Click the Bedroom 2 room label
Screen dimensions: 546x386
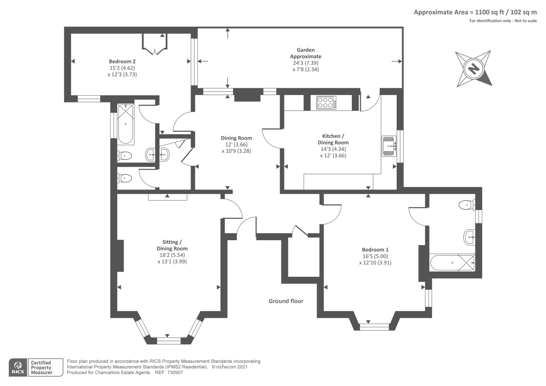122,61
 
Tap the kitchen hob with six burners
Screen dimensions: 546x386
326,102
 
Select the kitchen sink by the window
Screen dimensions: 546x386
389,146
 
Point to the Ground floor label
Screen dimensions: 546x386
286,301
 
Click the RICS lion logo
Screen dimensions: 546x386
18,368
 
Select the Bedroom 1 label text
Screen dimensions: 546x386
375,250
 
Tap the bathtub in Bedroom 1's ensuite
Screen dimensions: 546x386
452,263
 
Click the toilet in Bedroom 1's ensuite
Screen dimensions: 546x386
466,205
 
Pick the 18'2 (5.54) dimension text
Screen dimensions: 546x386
172,255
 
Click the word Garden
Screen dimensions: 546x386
306,50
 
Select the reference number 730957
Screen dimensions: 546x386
175,373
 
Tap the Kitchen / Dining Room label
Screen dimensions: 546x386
333,139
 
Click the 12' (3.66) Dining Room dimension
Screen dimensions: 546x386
236,144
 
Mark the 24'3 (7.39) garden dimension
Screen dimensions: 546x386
306,63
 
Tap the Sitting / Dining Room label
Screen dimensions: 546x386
172,245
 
